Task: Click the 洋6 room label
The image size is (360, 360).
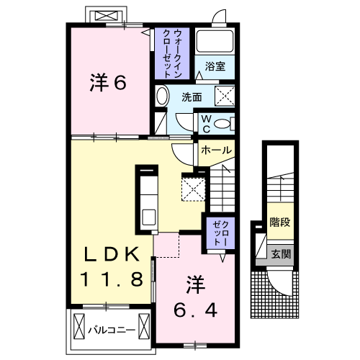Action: (108, 83)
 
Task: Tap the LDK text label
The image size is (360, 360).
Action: (112, 254)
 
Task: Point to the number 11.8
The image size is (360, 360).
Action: (112, 279)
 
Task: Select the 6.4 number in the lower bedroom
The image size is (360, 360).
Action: (195, 310)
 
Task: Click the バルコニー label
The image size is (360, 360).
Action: (112, 330)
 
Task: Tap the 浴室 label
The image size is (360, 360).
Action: (215, 66)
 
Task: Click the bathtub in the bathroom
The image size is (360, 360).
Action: (215, 41)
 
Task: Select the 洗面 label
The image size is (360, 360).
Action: (192, 97)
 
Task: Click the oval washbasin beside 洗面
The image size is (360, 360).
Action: (161, 96)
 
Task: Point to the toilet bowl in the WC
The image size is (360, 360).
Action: (222, 124)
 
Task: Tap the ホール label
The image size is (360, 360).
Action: (217, 150)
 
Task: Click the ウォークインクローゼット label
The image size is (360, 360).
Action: (172, 53)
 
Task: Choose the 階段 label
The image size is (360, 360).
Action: (280, 222)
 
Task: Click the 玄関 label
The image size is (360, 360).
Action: (281, 253)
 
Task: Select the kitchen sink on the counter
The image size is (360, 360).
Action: (149, 217)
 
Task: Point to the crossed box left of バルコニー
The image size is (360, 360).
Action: (79, 326)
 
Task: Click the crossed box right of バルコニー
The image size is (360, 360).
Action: (144, 326)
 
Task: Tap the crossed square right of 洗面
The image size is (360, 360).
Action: (225, 96)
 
